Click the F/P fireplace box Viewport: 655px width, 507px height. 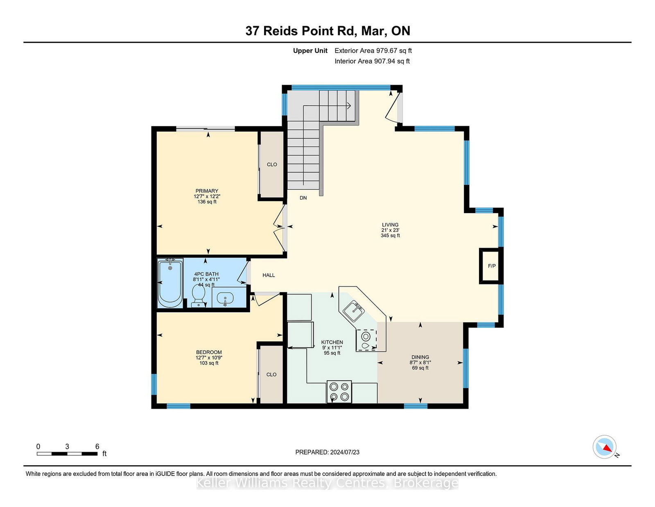[x=491, y=266]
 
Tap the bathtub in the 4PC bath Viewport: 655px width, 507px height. [x=170, y=283]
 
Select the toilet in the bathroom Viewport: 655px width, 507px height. [x=198, y=296]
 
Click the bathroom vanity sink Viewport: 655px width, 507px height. [x=225, y=299]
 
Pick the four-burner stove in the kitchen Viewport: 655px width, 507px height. [x=339, y=392]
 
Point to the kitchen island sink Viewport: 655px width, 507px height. [x=354, y=311]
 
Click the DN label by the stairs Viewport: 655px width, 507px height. [x=303, y=198]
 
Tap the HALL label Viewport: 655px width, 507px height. [x=268, y=275]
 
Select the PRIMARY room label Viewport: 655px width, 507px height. [x=207, y=191]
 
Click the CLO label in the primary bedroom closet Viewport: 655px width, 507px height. [x=272, y=164]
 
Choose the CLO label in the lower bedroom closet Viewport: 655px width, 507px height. [x=271, y=375]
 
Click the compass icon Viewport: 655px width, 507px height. [x=604, y=447]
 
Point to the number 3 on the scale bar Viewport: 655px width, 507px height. [x=67, y=447]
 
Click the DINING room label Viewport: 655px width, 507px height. [x=420, y=357]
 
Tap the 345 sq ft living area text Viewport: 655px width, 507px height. [x=390, y=235]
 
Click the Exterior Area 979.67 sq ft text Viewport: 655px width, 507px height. [x=373, y=51]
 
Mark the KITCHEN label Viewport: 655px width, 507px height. [x=332, y=342]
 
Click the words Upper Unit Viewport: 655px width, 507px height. [x=310, y=51]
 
